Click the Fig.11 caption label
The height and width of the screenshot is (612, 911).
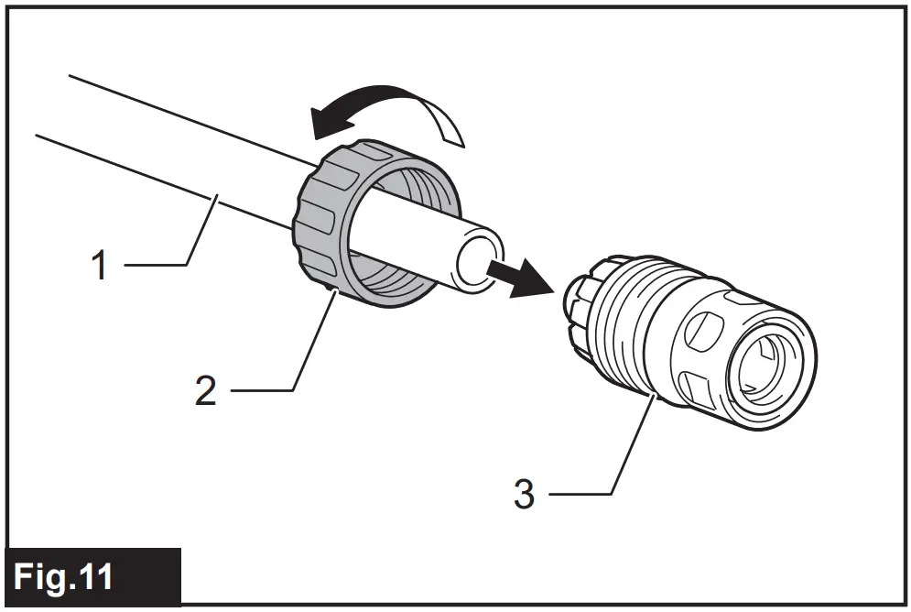pyautogui.click(x=64, y=577)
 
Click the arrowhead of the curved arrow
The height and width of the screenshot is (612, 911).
pyautogui.click(x=322, y=118)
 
